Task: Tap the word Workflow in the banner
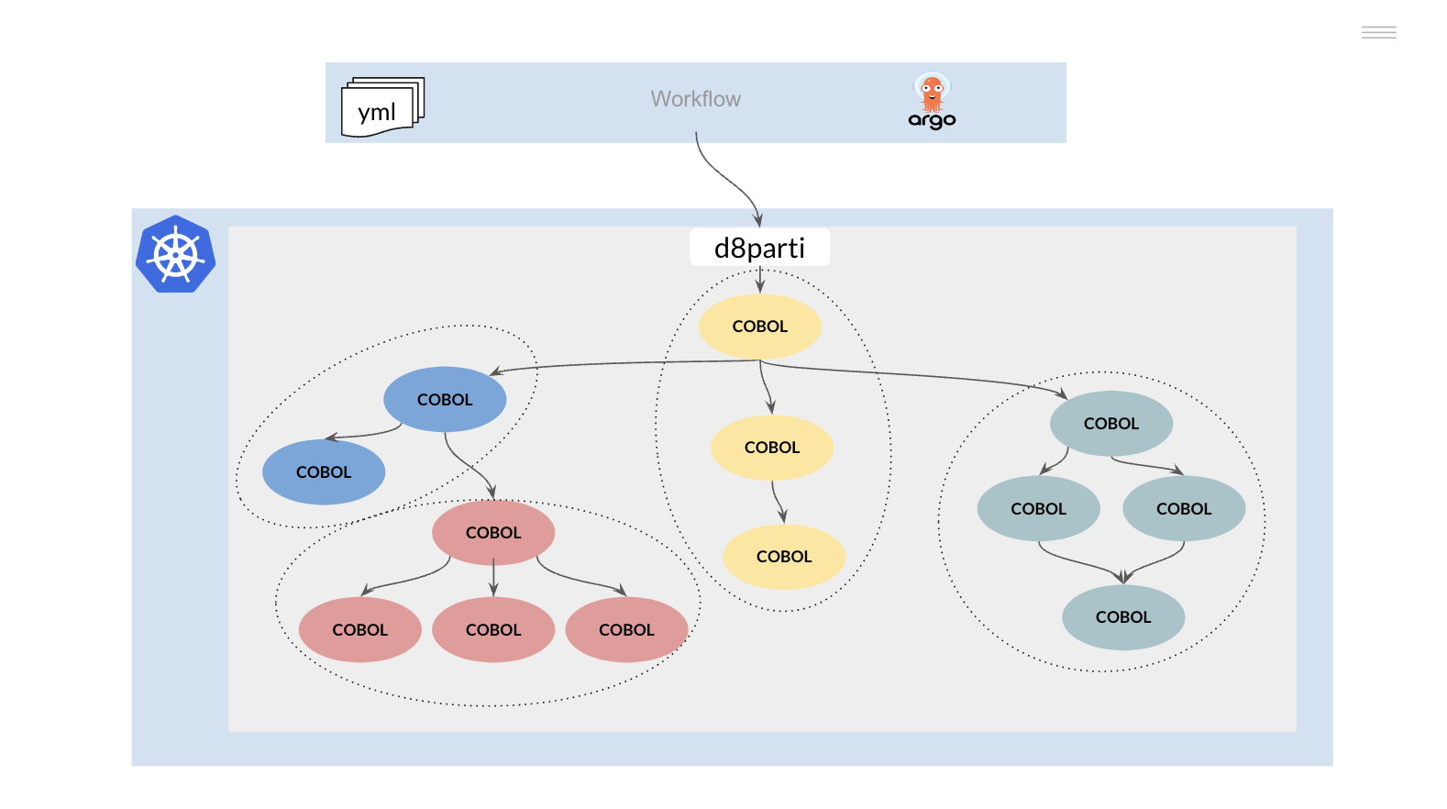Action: coord(695,99)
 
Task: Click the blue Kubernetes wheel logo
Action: coord(175,255)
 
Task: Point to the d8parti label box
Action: coord(759,248)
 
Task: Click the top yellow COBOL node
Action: coord(759,327)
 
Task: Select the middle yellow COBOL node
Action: coord(771,448)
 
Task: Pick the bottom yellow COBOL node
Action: coord(783,557)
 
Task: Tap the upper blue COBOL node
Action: coord(445,400)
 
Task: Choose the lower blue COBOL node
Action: coord(324,472)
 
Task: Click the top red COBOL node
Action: coord(493,533)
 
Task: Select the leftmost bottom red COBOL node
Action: coord(359,630)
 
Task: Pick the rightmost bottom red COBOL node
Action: coord(626,630)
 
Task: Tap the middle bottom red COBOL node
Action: coord(493,630)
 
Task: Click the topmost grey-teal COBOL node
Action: coord(1110,424)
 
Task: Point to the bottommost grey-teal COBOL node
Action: coord(1122,617)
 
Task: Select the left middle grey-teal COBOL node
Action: coord(1038,509)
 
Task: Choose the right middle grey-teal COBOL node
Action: coord(1183,509)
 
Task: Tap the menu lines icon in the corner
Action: coord(1378,33)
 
